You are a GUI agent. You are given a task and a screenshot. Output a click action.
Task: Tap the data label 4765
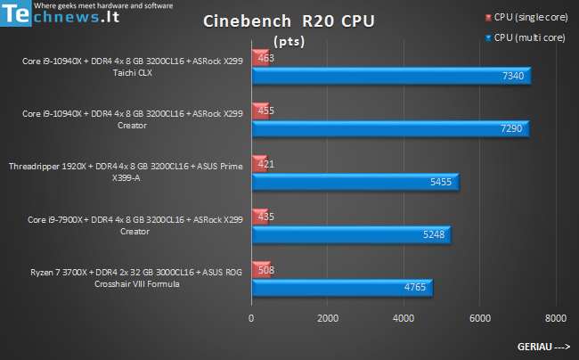pyautogui.click(x=414, y=287)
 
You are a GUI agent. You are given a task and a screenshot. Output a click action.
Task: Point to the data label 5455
pyautogui.click(x=441, y=182)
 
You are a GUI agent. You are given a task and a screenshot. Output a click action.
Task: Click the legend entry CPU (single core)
pyautogui.click(x=531, y=17)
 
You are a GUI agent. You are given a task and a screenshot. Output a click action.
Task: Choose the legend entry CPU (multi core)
pyautogui.click(x=529, y=38)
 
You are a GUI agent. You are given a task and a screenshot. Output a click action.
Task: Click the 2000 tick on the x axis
pyautogui.click(x=328, y=318)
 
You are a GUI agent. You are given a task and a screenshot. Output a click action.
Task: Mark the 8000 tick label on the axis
pyautogui.click(x=556, y=318)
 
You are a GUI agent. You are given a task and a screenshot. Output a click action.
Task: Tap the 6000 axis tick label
pyautogui.click(x=480, y=318)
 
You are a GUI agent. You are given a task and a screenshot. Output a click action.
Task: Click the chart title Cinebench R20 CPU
pyautogui.click(x=287, y=21)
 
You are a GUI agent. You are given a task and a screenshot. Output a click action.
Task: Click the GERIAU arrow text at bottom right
pyautogui.click(x=543, y=346)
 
